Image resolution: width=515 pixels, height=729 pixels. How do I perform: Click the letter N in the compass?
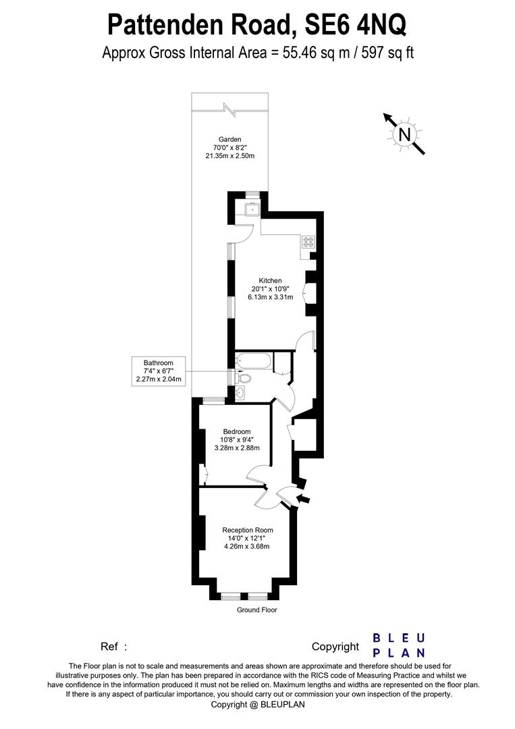tap(404, 134)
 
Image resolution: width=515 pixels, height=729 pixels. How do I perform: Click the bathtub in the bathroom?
tap(253, 361)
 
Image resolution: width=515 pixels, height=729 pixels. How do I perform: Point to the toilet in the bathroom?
tap(244, 378)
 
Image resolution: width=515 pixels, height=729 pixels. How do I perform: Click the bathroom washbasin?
tap(241, 392)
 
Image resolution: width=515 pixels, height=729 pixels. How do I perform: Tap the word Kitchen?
tap(270, 281)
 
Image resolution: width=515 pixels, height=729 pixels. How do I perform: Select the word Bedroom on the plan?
tap(237, 432)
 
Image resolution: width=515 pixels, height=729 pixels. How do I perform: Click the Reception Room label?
tap(248, 530)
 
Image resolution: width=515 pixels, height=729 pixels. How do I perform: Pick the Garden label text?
tap(229, 140)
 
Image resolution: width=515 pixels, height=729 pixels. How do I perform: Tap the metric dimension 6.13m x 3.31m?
tap(270, 297)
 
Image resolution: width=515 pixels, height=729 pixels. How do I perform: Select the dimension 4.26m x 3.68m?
tap(247, 546)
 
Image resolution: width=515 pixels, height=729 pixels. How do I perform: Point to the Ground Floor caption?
tap(256, 610)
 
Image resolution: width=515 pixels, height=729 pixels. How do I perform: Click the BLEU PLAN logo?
tap(399, 645)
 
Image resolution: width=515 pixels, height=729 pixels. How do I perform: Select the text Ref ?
tap(113, 647)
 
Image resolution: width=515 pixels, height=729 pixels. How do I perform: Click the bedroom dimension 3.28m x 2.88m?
tap(237, 448)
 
